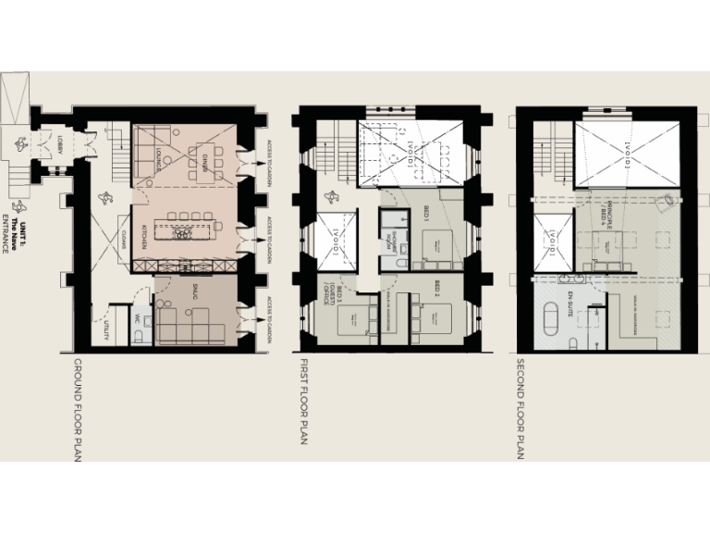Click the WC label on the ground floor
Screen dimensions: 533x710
(x=135, y=317)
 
